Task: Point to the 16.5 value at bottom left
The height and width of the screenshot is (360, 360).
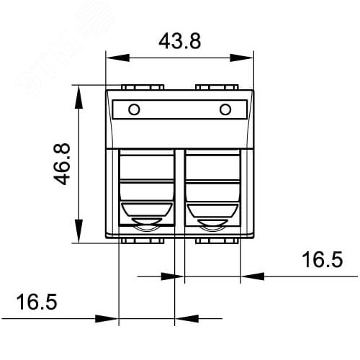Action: coord(36,302)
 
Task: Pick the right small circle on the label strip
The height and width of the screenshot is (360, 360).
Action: coord(225,109)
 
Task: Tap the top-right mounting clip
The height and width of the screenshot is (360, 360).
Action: coord(217,88)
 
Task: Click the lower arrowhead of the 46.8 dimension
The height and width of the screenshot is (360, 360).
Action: coord(76,238)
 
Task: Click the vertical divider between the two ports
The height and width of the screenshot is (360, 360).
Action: coord(179,191)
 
